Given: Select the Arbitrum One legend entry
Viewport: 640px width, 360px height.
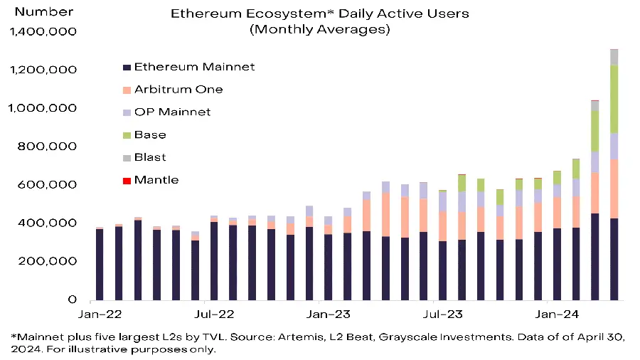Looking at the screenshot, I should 178,90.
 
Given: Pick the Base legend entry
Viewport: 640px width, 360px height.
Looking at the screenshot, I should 150,135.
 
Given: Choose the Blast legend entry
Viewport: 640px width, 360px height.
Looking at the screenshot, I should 150,158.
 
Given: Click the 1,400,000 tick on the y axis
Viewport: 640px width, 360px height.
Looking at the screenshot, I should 43,32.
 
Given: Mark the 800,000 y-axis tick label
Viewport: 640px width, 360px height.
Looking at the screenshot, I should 50,147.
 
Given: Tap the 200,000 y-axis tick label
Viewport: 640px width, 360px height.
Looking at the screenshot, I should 50,261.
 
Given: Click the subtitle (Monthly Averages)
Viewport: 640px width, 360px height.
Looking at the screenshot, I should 319,30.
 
